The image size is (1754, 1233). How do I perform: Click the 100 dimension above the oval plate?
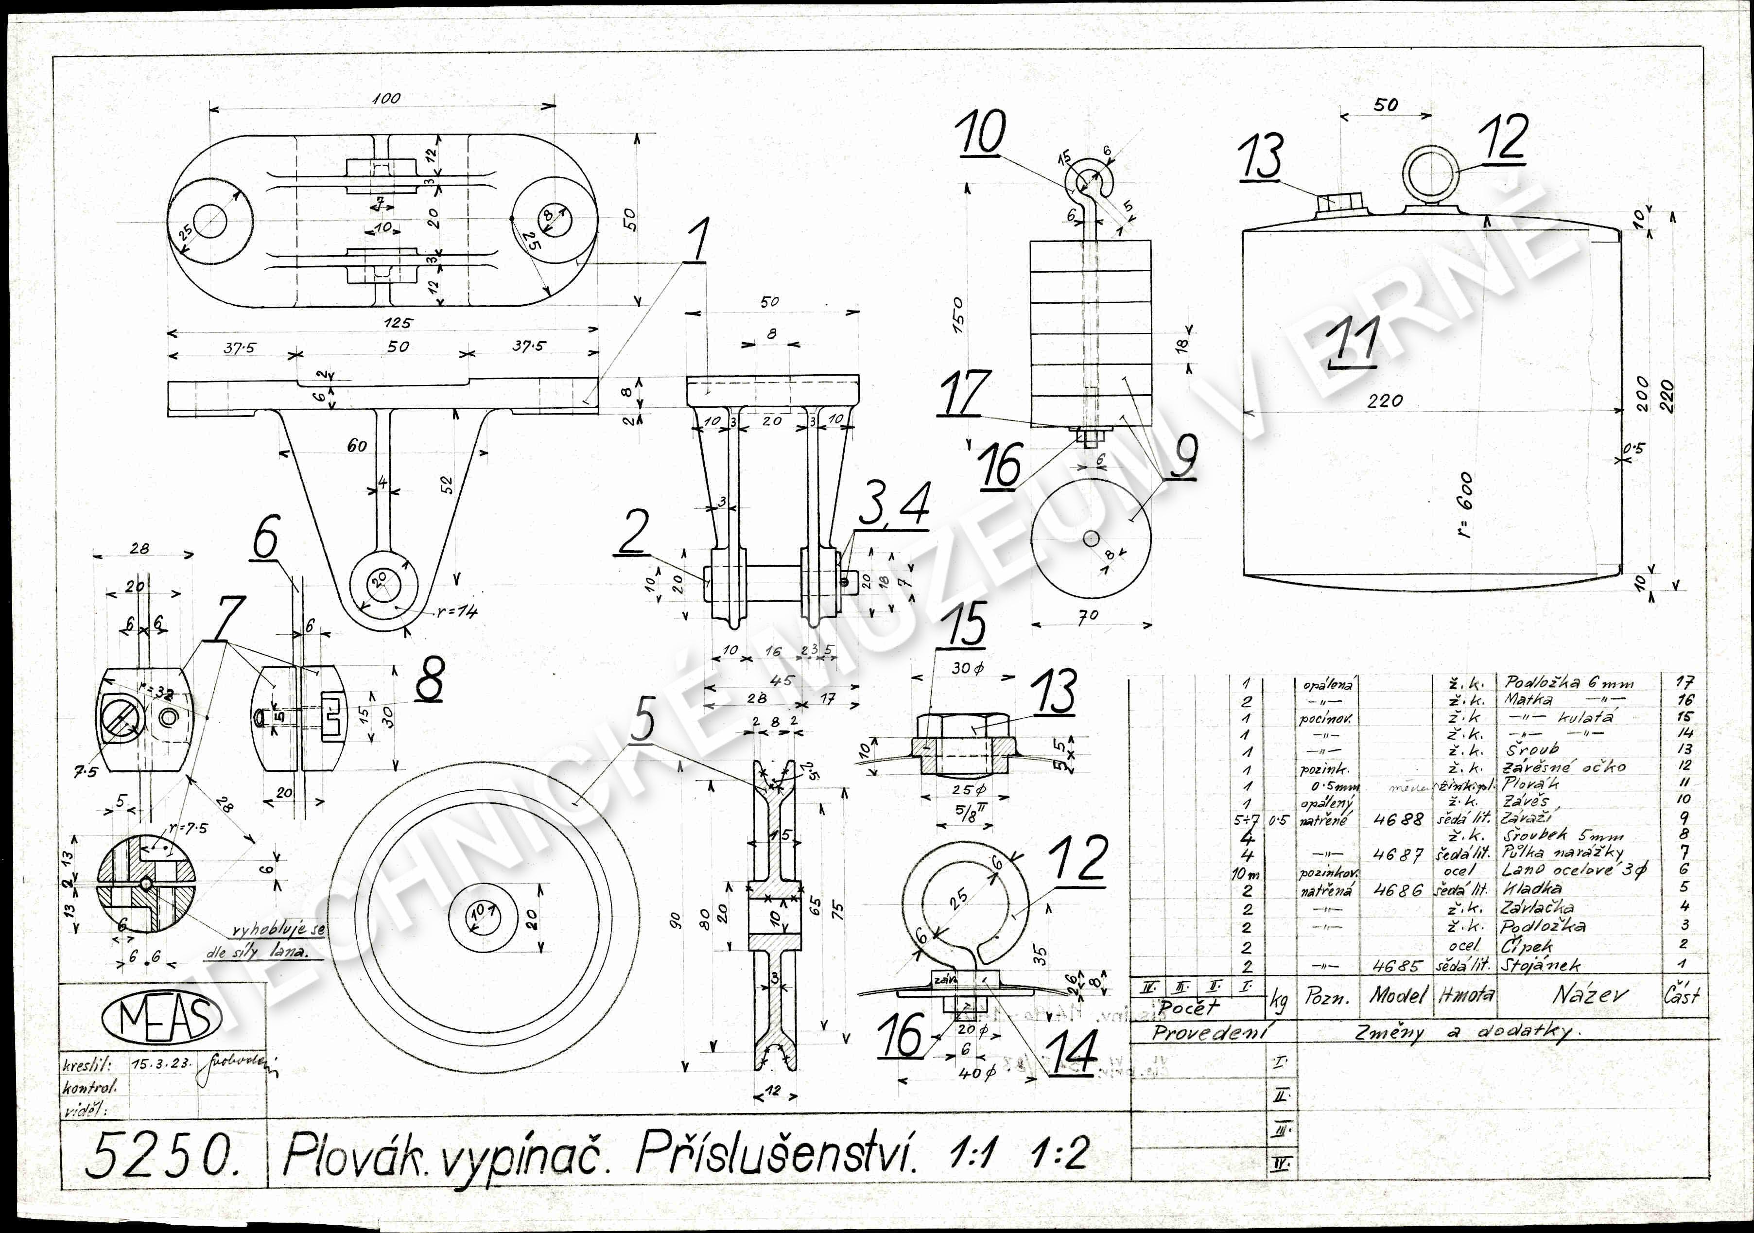(386, 99)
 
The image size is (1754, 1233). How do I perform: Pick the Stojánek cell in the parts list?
(1542, 965)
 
